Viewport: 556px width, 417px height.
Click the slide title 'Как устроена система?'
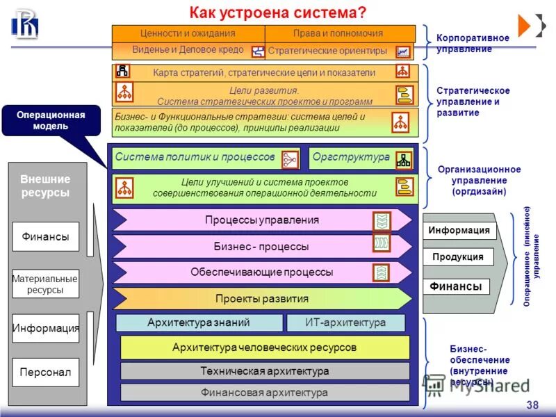tap(277, 13)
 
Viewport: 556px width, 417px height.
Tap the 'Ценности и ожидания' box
tap(188, 33)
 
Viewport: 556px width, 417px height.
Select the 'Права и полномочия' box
tap(339, 33)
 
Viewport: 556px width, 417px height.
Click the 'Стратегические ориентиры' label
tap(327, 51)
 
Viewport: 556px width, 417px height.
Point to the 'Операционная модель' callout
tap(51, 120)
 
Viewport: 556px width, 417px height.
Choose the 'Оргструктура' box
tap(351, 158)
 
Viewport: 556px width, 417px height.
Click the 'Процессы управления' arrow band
tap(262, 220)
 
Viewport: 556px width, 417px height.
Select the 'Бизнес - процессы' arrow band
tap(262, 246)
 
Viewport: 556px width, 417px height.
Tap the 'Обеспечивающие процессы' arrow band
tap(262, 272)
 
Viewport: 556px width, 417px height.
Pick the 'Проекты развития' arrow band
tap(262, 299)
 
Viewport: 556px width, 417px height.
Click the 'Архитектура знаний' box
tap(199, 322)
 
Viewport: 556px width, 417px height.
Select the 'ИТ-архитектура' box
tap(345, 322)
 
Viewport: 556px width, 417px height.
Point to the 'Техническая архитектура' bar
tap(265, 371)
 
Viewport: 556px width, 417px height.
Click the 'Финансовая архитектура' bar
tap(265, 393)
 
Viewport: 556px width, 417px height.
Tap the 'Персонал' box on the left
tap(46, 373)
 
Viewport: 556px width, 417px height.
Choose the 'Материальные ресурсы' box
tap(46, 284)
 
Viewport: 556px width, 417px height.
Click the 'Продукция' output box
tap(458, 257)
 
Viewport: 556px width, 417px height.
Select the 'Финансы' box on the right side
tap(456, 286)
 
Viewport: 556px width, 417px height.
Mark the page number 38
tap(532, 405)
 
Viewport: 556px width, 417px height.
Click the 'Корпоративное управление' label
tap(473, 43)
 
